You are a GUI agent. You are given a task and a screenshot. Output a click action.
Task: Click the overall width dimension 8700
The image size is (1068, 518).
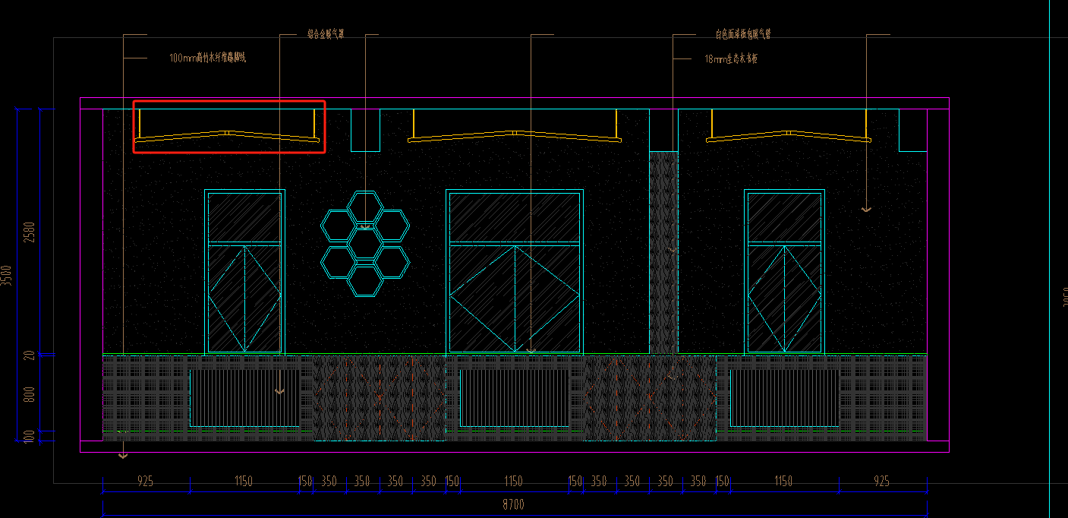pos(513,504)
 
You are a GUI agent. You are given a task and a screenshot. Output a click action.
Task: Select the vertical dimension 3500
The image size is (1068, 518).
pos(7,275)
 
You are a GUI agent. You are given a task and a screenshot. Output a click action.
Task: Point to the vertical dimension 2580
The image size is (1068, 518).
pos(30,232)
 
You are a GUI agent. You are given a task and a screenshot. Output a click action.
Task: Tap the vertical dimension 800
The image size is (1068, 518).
pos(30,394)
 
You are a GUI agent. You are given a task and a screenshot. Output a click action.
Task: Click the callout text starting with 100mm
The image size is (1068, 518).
pos(208,58)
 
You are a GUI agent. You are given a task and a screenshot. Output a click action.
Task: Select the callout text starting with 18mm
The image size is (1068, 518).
pos(731,58)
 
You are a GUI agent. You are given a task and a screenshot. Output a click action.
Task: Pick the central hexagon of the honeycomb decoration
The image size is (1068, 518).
pos(365,243)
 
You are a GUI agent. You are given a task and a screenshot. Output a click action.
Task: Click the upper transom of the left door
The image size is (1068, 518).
pos(244,218)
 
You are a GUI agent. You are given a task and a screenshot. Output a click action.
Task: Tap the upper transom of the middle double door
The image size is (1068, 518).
pos(515,218)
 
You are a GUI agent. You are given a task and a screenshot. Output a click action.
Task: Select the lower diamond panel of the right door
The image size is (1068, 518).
pos(785,298)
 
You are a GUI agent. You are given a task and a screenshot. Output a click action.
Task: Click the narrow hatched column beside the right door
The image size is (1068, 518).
pos(663,251)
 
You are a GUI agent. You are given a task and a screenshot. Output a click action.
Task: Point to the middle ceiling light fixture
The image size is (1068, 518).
pos(515,135)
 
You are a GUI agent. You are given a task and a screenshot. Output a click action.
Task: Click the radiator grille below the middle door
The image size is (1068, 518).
pos(514,397)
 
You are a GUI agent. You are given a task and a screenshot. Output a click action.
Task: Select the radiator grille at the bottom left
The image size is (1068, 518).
pos(244,397)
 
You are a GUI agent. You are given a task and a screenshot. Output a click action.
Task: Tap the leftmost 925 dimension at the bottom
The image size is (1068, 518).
pos(145,482)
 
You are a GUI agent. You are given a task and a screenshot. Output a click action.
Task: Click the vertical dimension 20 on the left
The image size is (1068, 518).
pos(30,355)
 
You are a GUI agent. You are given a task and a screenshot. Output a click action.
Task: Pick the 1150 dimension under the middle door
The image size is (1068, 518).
pos(514,482)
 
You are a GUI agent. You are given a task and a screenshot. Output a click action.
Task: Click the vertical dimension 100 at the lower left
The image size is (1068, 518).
pos(30,436)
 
